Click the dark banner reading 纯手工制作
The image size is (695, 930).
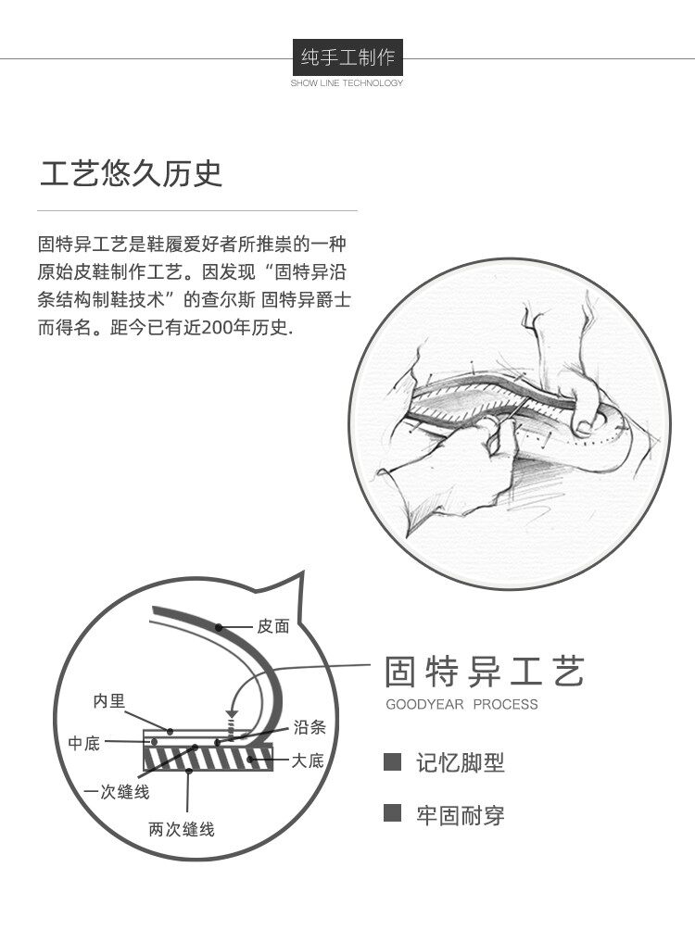(x=347, y=57)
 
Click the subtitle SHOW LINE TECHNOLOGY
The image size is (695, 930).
(x=347, y=83)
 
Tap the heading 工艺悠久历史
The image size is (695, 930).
(x=132, y=173)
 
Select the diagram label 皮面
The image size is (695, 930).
(x=273, y=626)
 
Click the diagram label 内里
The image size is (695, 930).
(x=109, y=701)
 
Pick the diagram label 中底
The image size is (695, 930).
(x=83, y=743)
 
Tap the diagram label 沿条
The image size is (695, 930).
(x=310, y=727)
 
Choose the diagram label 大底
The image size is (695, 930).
(x=308, y=760)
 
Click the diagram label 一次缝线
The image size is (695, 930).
(x=117, y=792)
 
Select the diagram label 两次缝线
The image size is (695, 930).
(x=182, y=829)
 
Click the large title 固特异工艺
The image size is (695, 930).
(x=485, y=672)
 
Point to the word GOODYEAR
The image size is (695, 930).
(x=425, y=705)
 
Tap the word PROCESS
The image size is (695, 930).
(x=506, y=705)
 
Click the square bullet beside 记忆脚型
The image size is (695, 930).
(x=392, y=762)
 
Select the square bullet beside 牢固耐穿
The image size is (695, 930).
(x=392, y=813)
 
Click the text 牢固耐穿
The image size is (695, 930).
(x=461, y=815)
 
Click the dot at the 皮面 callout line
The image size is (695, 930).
(x=219, y=627)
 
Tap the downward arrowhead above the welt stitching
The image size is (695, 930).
(x=232, y=713)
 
